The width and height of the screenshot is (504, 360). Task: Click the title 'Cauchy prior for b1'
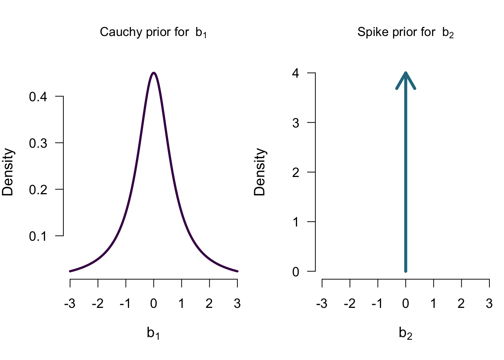pyautogui.click(x=153, y=32)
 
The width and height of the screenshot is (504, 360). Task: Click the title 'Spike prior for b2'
pyautogui.click(x=405, y=32)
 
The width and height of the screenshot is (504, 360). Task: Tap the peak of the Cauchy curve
pyautogui.click(x=154, y=73)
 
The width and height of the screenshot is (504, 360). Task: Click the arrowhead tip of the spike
pyautogui.click(x=406, y=73)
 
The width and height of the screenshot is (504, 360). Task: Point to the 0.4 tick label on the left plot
pyautogui.click(x=38, y=97)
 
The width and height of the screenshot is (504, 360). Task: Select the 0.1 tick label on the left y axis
pyautogui.click(x=38, y=236)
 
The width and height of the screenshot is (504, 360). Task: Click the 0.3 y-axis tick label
pyautogui.click(x=38, y=143)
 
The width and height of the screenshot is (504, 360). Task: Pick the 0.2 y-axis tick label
pyautogui.click(x=38, y=190)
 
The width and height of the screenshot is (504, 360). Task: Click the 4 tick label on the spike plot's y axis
pyautogui.click(x=296, y=73)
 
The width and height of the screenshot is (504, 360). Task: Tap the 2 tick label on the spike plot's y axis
pyautogui.click(x=296, y=172)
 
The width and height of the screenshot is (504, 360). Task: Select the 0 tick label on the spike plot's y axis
pyautogui.click(x=296, y=271)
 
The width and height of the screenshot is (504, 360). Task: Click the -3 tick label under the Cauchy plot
pyautogui.click(x=69, y=303)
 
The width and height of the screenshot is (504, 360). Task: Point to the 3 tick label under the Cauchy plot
pyautogui.click(x=237, y=303)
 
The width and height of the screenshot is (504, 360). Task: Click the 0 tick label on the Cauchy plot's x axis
pyautogui.click(x=154, y=303)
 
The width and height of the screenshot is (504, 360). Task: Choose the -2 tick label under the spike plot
pyautogui.click(x=349, y=303)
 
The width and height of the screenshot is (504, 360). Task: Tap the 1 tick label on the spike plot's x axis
pyautogui.click(x=433, y=303)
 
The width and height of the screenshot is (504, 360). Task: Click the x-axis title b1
pyautogui.click(x=153, y=333)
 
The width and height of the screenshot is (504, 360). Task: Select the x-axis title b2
pyautogui.click(x=405, y=333)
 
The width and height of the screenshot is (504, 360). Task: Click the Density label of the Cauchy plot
pyautogui.click(x=8, y=172)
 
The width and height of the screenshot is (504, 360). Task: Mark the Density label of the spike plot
pyautogui.click(x=259, y=172)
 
